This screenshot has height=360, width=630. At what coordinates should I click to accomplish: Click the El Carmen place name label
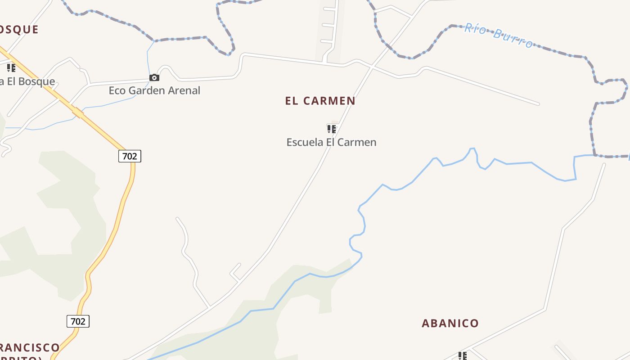click(320, 101)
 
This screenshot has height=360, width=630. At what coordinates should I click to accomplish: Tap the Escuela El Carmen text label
click(331, 142)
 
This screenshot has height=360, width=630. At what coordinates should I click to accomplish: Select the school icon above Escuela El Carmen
click(332, 130)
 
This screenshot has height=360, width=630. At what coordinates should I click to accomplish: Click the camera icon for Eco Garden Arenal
click(154, 78)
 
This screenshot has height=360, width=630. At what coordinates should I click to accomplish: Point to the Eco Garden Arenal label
click(154, 90)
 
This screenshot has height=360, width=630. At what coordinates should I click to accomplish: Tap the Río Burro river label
click(499, 35)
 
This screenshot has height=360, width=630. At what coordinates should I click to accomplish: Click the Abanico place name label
click(450, 323)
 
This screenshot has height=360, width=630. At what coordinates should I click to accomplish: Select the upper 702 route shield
click(130, 156)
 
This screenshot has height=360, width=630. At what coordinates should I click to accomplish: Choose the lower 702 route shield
click(78, 321)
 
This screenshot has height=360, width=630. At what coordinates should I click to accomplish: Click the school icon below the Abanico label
click(463, 356)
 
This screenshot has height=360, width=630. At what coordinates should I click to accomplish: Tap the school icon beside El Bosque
click(11, 68)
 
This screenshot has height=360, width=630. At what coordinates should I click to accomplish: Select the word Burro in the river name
click(512, 38)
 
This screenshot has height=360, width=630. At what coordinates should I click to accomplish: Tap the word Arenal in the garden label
click(184, 90)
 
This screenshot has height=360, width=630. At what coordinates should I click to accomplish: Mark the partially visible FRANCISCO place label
click(30, 348)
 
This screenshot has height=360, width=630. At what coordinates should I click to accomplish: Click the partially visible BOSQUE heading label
click(19, 30)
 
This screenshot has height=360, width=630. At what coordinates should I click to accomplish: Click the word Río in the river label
click(475, 28)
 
